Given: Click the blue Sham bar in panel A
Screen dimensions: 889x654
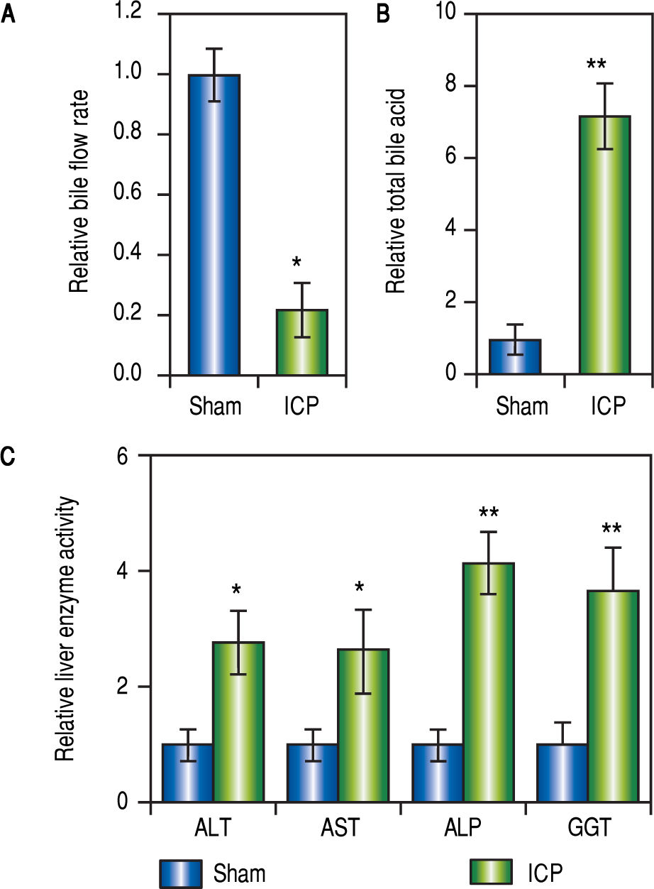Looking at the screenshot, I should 214,224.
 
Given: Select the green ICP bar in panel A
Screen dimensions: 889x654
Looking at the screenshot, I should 301,342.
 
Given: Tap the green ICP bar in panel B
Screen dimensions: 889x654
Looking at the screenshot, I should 604,245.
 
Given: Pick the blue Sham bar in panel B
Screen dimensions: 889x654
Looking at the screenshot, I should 515,356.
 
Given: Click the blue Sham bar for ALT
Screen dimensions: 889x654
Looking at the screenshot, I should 188,773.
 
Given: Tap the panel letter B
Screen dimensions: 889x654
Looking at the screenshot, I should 383,14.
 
